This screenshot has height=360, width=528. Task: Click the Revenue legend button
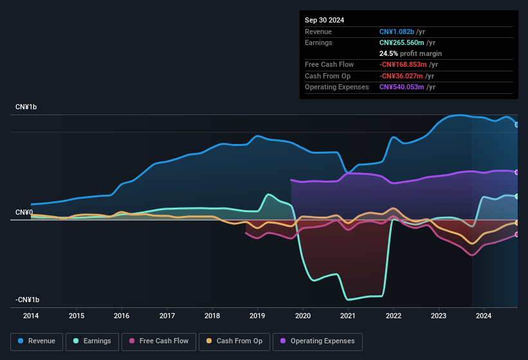[x=37, y=341]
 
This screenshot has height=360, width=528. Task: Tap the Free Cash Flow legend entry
[x=159, y=341]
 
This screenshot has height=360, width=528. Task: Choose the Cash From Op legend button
[x=234, y=341]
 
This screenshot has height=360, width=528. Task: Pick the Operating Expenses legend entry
[x=318, y=341]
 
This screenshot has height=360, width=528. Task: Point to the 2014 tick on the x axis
[x=31, y=316]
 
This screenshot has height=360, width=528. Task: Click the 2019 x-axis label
[x=257, y=316]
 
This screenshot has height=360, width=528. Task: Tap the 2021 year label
[x=348, y=316]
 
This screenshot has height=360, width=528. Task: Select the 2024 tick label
[x=484, y=316]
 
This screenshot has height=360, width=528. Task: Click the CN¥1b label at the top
[x=26, y=107]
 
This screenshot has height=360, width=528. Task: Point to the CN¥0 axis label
[x=24, y=212]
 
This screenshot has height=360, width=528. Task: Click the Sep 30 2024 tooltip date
[x=325, y=20]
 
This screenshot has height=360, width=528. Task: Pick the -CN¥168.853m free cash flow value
[x=408, y=64]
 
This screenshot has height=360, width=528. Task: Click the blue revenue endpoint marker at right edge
[x=517, y=125]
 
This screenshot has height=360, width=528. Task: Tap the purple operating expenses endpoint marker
[x=517, y=172]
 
